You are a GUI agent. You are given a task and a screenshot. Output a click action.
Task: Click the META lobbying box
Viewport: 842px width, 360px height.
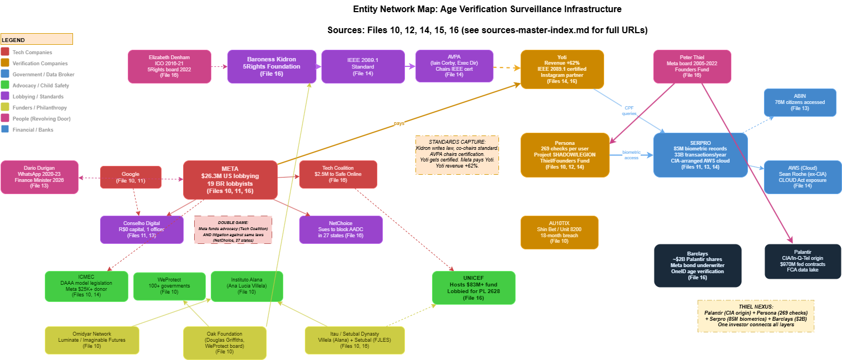pyautogui.click(x=230, y=180)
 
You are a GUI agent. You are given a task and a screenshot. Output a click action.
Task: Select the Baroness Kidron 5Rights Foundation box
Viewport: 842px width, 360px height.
pyautogui.click(x=272, y=66)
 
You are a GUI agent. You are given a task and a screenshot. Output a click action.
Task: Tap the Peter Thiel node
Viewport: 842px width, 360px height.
pyautogui.click(x=692, y=66)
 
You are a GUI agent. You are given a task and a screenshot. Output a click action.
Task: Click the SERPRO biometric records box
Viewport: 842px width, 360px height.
pyautogui.click(x=700, y=155)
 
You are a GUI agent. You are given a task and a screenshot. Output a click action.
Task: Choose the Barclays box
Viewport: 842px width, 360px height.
pyautogui.click(x=698, y=265)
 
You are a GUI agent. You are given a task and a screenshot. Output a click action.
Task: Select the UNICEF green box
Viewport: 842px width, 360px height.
pyautogui.click(x=474, y=288)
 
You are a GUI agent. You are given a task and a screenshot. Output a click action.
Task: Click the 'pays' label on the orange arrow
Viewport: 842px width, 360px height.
pyautogui.click(x=399, y=123)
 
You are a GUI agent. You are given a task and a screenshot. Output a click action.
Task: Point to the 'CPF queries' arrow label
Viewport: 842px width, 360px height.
pyautogui.click(x=630, y=111)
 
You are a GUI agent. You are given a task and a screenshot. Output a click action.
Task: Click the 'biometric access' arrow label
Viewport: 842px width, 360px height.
pyautogui.click(x=631, y=155)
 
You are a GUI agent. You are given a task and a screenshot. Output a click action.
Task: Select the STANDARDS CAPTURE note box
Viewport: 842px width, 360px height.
pyautogui.click(x=458, y=155)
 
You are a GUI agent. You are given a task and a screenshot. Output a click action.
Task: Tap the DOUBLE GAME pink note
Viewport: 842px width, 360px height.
pyautogui.click(x=233, y=229)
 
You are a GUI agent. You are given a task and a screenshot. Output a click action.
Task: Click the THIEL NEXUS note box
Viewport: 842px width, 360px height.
pyautogui.click(x=756, y=316)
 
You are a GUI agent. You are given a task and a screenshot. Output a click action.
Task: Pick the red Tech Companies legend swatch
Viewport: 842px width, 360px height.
pyautogui.click(x=5, y=52)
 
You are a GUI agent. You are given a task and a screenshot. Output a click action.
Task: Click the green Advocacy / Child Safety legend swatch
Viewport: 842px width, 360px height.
pyautogui.click(x=5, y=85)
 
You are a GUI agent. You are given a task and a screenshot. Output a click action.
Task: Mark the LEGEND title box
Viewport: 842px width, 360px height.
pyautogui.click(x=37, y=39)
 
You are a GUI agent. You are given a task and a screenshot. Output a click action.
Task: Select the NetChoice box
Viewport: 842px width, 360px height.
pyautogui.click(x=341, y=229)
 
